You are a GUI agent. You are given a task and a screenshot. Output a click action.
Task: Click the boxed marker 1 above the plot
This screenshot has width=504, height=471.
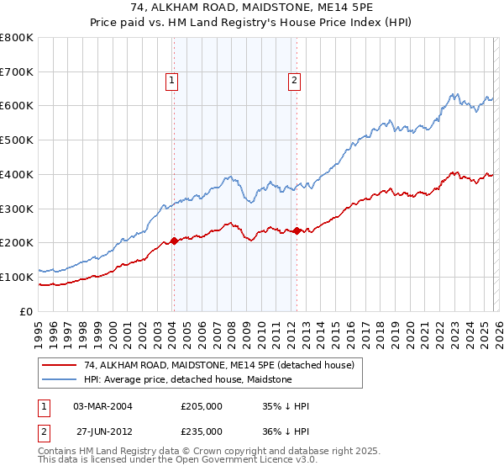171,81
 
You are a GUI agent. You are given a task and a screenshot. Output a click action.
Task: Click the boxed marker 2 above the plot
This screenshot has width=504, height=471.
296,81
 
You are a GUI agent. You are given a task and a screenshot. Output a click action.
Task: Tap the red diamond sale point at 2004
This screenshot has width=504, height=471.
174,241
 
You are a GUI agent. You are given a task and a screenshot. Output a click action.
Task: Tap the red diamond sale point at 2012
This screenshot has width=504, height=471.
297,230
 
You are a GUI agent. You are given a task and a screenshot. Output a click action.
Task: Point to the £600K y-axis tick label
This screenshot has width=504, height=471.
17,106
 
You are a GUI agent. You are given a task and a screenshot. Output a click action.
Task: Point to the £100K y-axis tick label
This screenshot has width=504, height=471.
17,277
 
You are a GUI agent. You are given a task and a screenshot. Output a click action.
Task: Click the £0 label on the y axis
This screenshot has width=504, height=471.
27,311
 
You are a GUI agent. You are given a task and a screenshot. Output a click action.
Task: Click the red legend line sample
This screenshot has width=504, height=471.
59,365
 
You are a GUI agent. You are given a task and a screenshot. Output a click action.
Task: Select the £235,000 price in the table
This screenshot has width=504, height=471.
202,431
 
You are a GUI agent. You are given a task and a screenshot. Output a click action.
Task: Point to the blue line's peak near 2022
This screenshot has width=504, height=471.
453,93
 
